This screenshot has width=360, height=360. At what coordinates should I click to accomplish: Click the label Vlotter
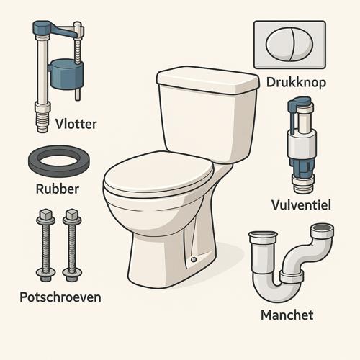[76, 124]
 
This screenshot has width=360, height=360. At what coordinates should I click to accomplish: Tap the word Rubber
[58, 189]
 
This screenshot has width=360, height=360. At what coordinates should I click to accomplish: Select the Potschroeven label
[60, 297]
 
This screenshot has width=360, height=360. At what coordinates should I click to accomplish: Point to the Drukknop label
[296, 83]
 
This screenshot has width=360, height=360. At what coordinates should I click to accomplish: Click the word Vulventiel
[301, 204]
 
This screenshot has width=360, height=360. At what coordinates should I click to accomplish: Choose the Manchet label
[287, 315]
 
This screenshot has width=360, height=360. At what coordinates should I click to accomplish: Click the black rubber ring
[59, 161]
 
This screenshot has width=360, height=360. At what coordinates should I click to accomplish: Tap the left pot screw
[45, 245]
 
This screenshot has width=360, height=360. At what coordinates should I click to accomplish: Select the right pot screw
[72, 245]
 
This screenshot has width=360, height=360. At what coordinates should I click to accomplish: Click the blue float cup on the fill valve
[67, 74]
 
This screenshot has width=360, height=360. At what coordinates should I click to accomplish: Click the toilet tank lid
[208, 80]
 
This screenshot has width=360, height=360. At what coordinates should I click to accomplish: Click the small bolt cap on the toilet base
[194, 259]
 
